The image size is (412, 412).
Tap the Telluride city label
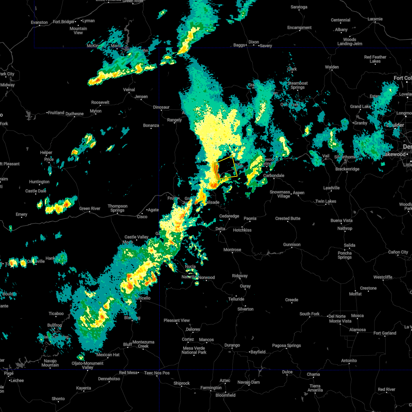click(x=236, y=299)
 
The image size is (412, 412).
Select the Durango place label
click(x=232, y=345)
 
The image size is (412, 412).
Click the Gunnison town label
click(x=292, y=244)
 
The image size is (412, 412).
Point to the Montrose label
click(x=232, y=250)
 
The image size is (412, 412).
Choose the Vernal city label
click(x=129, y=90)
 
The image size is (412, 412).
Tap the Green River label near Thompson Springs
click(x=90, y=208)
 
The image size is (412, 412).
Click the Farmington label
click(x=211, y=388)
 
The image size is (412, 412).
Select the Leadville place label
click(x=331, y=188)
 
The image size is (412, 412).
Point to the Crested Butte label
click(x=288, y=218)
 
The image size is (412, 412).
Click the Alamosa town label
click(x=357, y=330)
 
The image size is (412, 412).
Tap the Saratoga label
click(x=299, y=7)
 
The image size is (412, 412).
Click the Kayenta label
click(x=83, y=388)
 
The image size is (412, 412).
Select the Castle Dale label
click(x=36, y=191)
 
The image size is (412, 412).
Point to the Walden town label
click(x=332, y=67)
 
